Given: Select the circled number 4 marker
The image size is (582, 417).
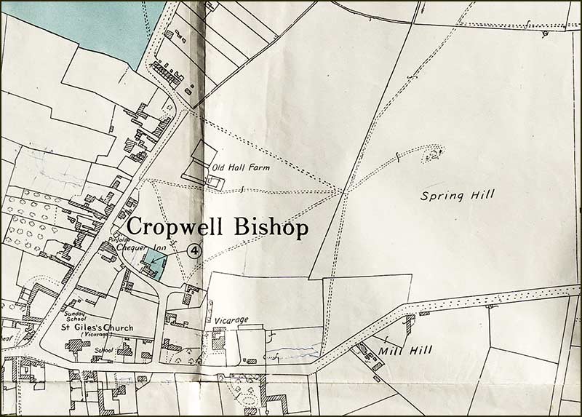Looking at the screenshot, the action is pos(194,251).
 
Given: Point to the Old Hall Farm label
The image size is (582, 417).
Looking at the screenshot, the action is pos(241,167).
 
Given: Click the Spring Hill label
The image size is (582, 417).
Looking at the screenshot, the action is pos(458,194).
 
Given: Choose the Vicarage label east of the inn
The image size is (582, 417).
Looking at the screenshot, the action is pos(231,320).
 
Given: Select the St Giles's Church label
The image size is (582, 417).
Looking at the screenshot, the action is pos(97,328).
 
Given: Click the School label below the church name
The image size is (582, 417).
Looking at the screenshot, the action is pos(104,349).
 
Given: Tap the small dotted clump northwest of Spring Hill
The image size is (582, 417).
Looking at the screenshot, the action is pos(435,154).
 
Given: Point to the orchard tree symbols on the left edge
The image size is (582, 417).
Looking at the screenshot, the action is pos(33,226).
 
